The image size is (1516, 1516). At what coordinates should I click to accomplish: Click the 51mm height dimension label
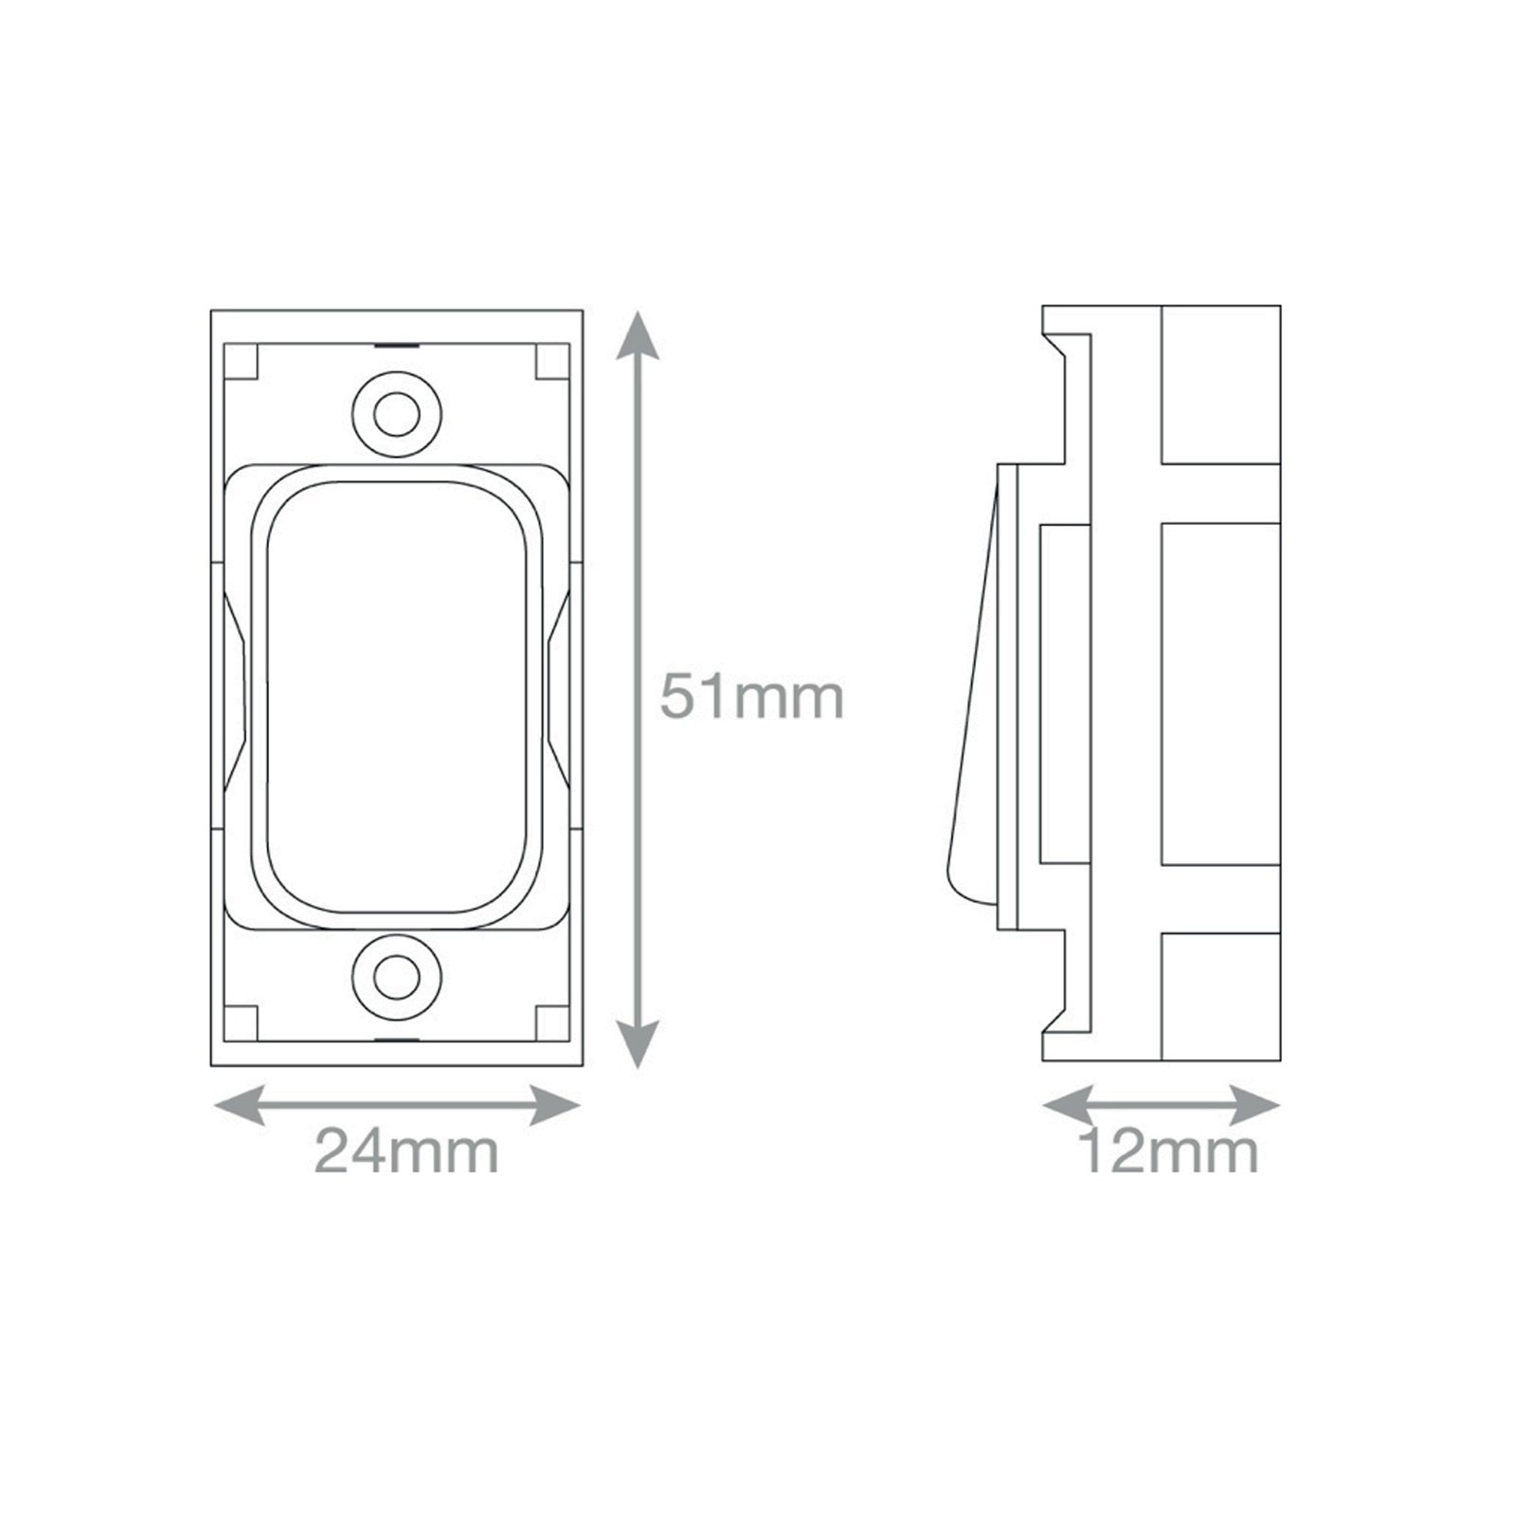[x=751, y=697]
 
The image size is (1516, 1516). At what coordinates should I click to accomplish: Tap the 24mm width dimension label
[x=406, y=1151]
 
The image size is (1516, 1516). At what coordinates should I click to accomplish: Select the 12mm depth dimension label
[x=1168, y=1151]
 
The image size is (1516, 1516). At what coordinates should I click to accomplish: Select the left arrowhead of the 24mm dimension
[x=239, y=1106]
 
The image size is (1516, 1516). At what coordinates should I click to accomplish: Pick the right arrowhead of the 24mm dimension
[x=555, y=1106]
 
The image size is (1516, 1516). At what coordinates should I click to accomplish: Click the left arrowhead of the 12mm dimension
[x=1067, y=1106]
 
